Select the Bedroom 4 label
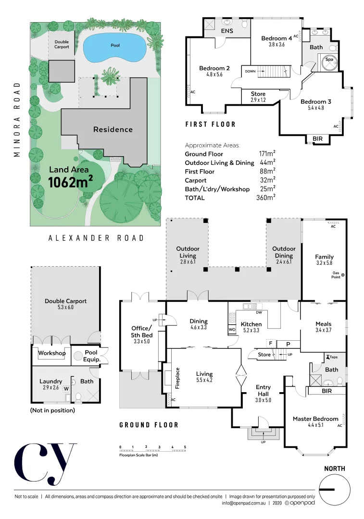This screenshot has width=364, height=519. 276,38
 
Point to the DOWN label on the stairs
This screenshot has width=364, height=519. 250,71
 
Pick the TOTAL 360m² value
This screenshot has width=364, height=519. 267,198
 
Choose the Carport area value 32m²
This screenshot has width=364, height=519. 267,180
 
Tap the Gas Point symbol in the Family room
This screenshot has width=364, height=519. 343,275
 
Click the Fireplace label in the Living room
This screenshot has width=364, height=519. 177,378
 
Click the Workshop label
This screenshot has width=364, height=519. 52,353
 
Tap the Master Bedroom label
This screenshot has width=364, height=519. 315,419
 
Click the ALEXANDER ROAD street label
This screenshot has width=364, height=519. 96,238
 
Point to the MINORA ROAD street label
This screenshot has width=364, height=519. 17,120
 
